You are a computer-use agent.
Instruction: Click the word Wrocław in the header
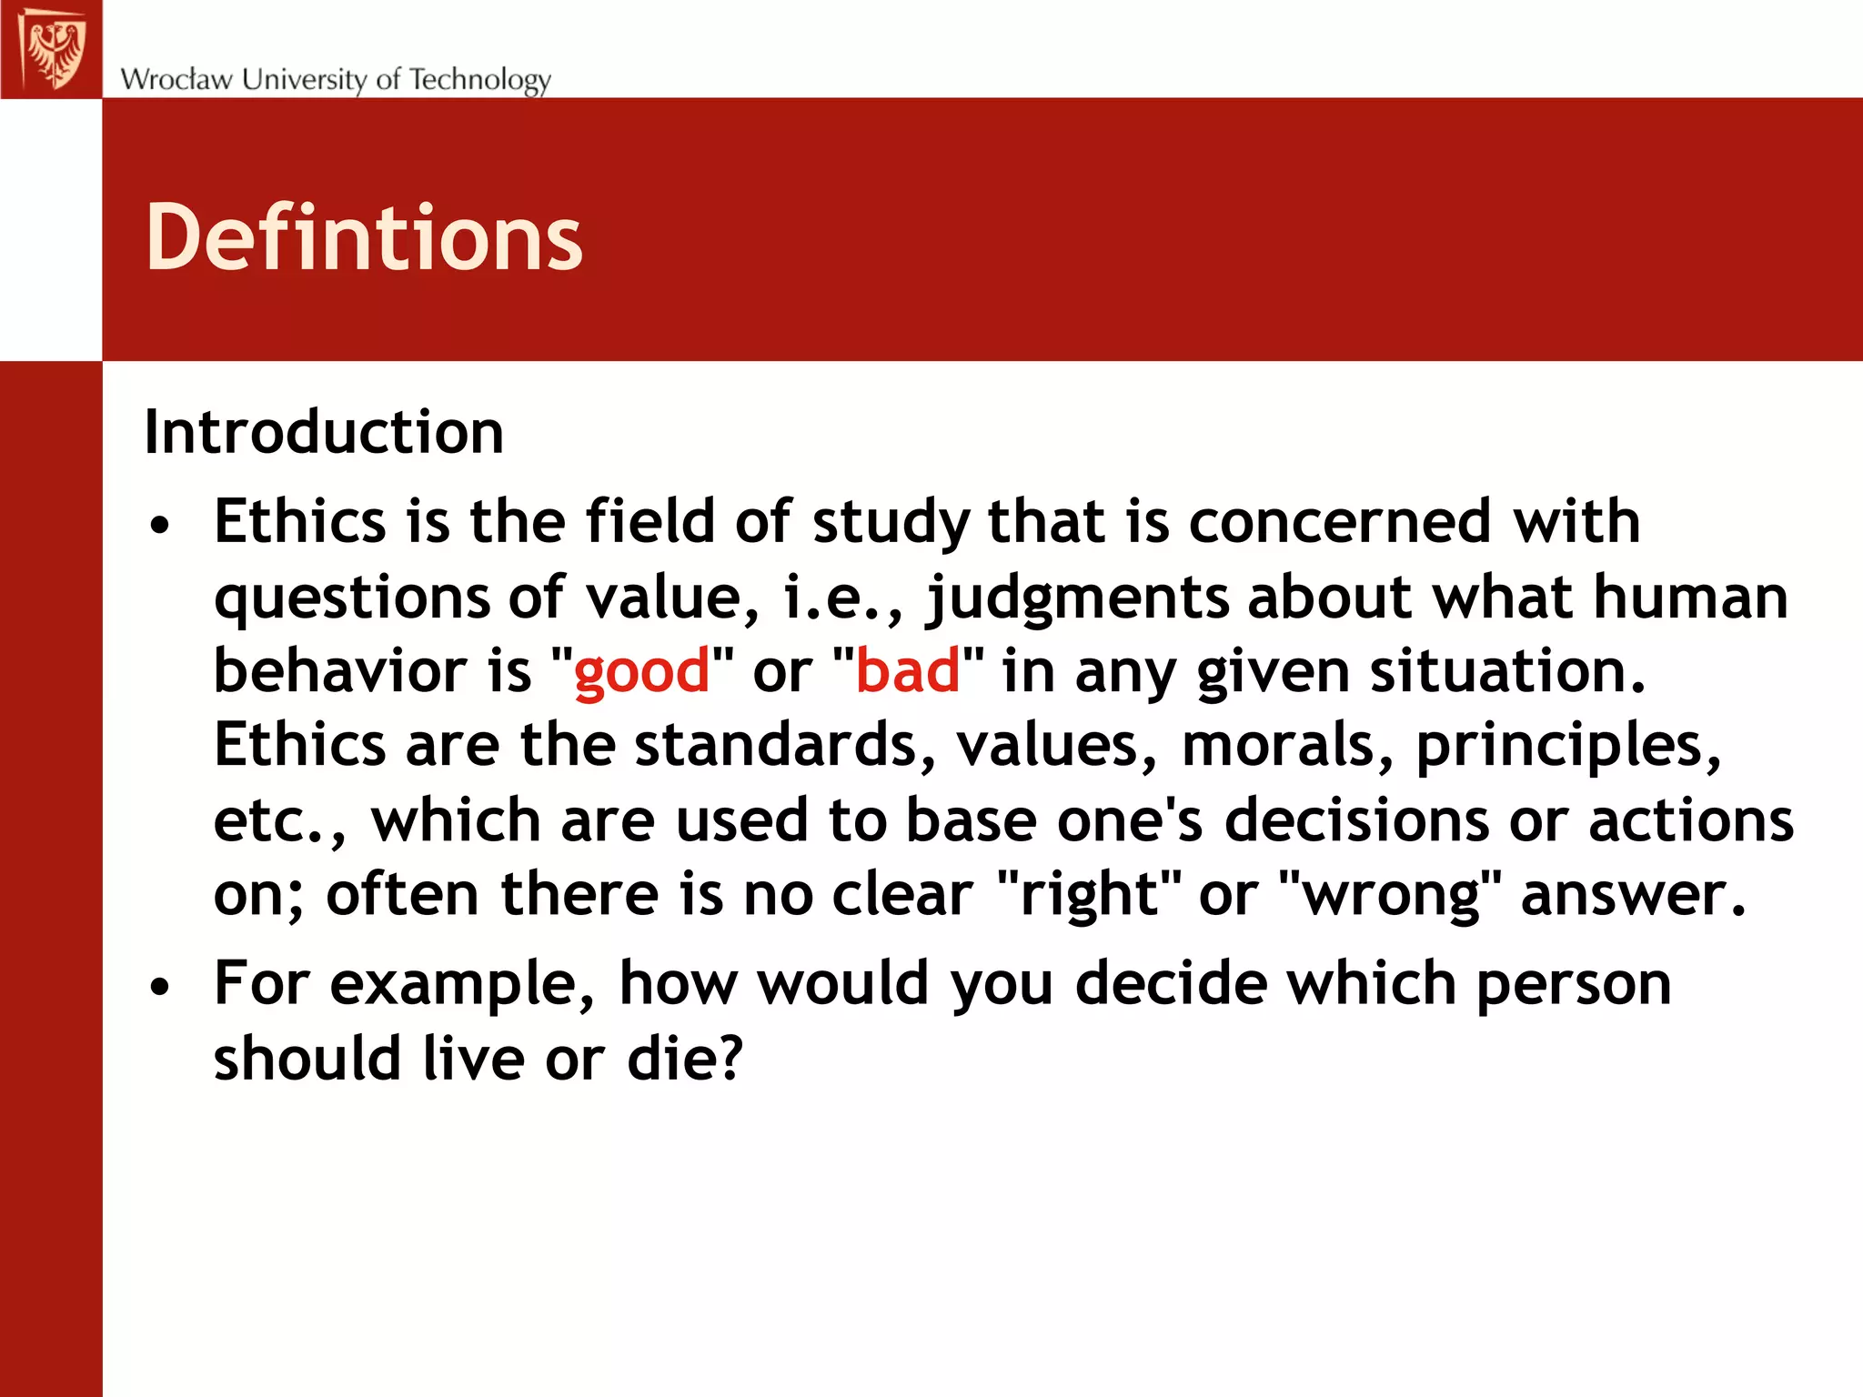176,79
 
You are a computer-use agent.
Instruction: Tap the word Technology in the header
479,80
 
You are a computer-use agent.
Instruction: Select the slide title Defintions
364,237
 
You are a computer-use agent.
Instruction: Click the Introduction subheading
324,432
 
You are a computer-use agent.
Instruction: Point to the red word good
641,673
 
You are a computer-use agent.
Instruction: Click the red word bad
908,671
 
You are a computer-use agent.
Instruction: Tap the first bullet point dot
161,525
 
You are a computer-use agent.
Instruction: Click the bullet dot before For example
161,987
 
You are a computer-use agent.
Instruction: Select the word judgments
1076,599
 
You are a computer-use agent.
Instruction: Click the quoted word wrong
1392,896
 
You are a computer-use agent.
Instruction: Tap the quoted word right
1090,896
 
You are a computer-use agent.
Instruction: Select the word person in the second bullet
1574,986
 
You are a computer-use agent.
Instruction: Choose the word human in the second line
1690,598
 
